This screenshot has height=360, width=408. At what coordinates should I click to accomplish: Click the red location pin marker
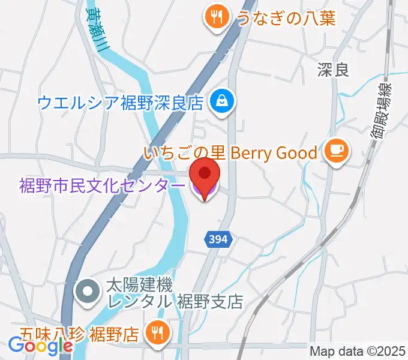[x=205, y=178]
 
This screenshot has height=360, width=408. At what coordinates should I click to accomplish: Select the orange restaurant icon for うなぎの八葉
[x=215, y=17]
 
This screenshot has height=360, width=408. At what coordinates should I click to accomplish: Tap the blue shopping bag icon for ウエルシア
[x=222, y=100]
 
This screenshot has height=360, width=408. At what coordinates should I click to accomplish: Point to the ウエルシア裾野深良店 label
[x=120, y=101]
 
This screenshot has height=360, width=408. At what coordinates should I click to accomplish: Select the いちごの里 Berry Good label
[x=230, y=153]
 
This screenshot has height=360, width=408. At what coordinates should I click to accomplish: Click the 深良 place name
[x=333, y=71]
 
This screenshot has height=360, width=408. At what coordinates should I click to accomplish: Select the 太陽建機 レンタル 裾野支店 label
[x=175, y=292]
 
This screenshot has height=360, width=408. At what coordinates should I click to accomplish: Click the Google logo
[x=40, y=346]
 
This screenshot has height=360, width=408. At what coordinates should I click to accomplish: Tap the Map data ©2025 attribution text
[x=358, y=350]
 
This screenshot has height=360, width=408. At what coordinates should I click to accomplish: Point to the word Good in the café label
[x=297, y=153]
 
